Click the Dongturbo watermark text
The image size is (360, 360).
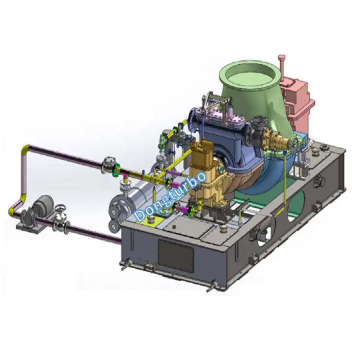[x=170, y=197]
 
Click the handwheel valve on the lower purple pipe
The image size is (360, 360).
[x=61, y=214]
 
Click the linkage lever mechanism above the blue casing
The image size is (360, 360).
[x=216, y=103]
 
